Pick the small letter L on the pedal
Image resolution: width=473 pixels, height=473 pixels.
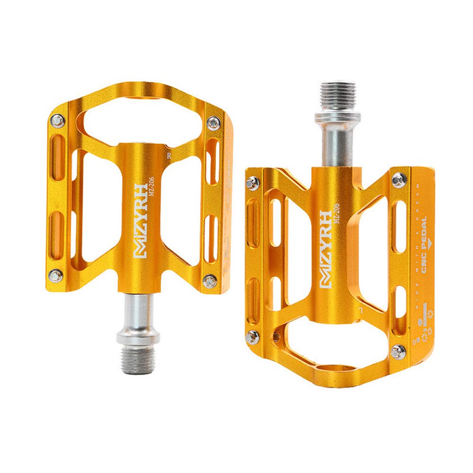361,310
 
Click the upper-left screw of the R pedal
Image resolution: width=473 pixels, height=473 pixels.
59,121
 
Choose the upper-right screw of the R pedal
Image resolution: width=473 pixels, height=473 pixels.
213,122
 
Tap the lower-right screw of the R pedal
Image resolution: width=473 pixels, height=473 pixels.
210,281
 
